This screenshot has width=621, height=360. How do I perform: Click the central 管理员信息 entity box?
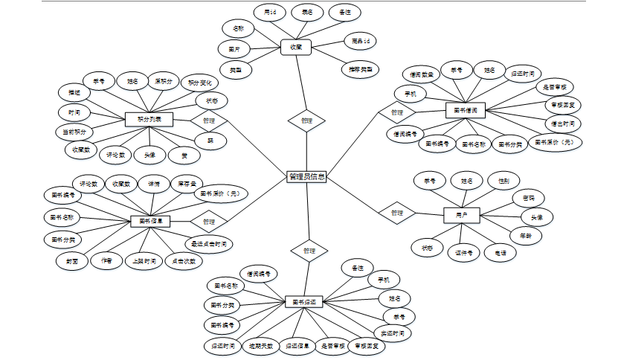click(x=306, y=177)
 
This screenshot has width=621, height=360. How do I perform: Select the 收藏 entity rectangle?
click(x=296, y=48)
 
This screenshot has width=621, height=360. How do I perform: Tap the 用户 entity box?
click(x=461, y=215)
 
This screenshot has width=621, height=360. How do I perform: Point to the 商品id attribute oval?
click(x=361, y=40)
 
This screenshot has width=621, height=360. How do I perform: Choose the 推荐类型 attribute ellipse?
click(x=359, y=69)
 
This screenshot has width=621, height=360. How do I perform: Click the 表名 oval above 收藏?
click(x=306, y=13)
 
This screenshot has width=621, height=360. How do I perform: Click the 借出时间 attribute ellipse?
click(x=561, y=123)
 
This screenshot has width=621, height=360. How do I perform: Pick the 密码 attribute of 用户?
click(x=529, y=198)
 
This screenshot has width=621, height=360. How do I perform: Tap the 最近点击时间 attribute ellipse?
click(x=209, y=243)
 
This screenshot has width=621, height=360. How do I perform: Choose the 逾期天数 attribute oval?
click(x=260, y=346)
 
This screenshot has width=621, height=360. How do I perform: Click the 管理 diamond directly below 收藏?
click(x=306, y=120)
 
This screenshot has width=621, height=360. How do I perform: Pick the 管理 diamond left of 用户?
click(x=396, y=213)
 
